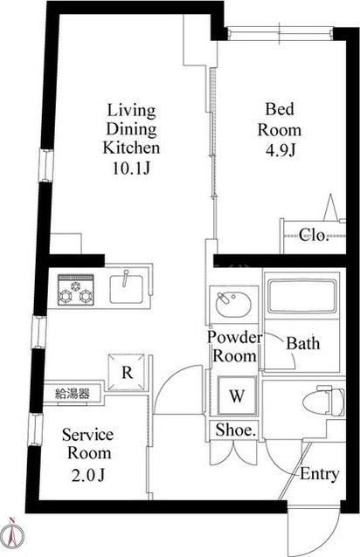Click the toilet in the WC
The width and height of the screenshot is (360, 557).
[x=323, y=402]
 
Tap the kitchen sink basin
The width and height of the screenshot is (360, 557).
[x=127, y=289]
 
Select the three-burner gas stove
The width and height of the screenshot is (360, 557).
[x=76, y=290]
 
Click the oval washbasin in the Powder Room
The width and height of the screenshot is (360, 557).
[x=234, y=304]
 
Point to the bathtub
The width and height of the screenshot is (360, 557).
[x=301, y=296]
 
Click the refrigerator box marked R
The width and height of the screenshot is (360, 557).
[x=127, y=372]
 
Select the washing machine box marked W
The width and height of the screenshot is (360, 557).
[x=237, y=395]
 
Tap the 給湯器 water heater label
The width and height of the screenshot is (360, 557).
[x=73, y=393]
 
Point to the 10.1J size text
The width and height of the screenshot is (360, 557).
[x=131, y=168]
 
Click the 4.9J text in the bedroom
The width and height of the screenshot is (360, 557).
[x=280, y=151]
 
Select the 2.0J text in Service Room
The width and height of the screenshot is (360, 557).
[x=88, y=475]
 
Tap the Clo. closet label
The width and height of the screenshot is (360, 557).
[x=313, y=235]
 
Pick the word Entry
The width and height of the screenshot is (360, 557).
[x=320, y=474]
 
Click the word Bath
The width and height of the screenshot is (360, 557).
[x=303, y=343]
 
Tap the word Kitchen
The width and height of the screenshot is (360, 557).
[x=131, y=148]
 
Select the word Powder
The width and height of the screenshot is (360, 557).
[x=235, y=337]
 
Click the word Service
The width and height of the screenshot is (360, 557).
[x=88, y=435]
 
